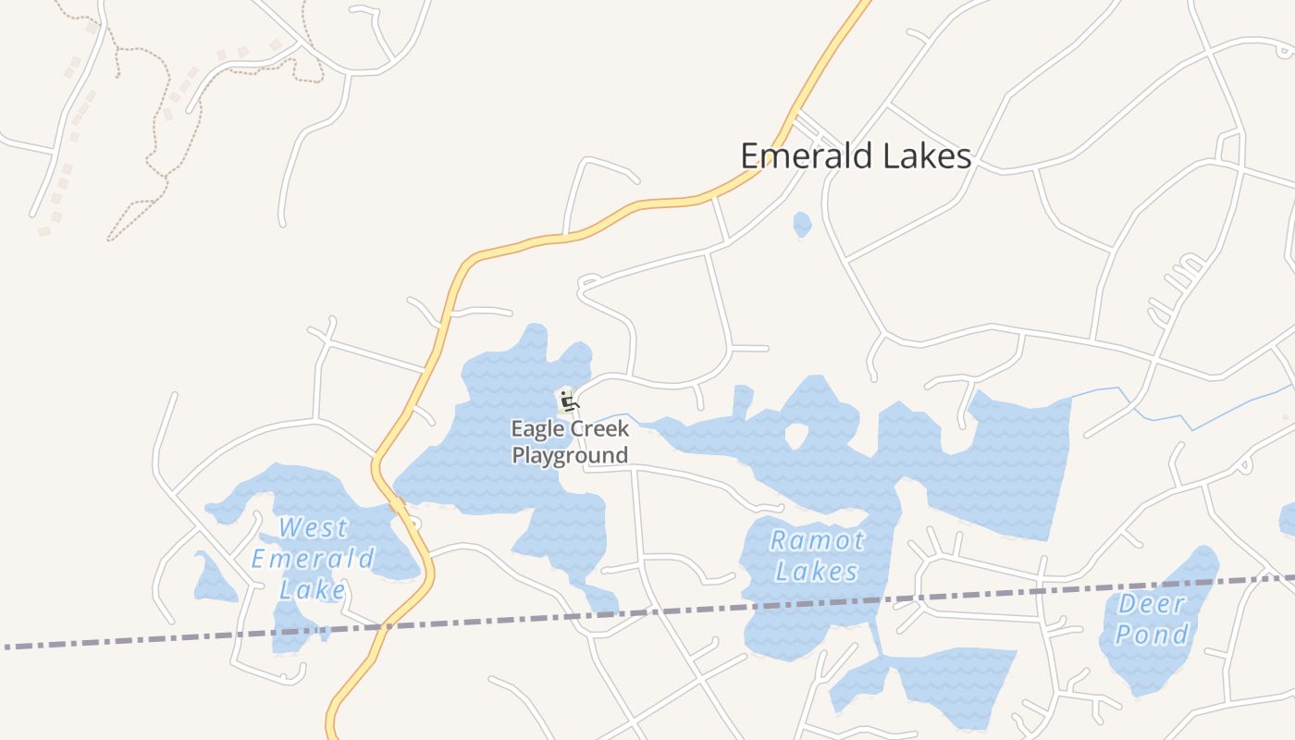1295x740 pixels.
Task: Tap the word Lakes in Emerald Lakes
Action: click(x=925, y=155)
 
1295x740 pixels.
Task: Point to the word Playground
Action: click(x=570, y=455)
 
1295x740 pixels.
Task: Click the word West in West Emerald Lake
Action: click(x=314, y=528)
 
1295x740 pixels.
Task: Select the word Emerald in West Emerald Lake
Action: click(x=313, y=559)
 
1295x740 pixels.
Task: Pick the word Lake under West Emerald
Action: click(x=313, y=590)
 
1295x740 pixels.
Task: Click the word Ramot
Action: click(x=817, y=540)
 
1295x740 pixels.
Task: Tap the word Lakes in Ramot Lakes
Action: click(x=817, y=572)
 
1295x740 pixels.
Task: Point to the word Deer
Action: click(x=1152, y=604)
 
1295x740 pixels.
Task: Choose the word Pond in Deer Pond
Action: click(x=1152, y=635)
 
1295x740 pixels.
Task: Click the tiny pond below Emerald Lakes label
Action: click(x=802, y=224)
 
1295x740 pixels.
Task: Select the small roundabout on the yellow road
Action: click(x=413, y=524)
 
